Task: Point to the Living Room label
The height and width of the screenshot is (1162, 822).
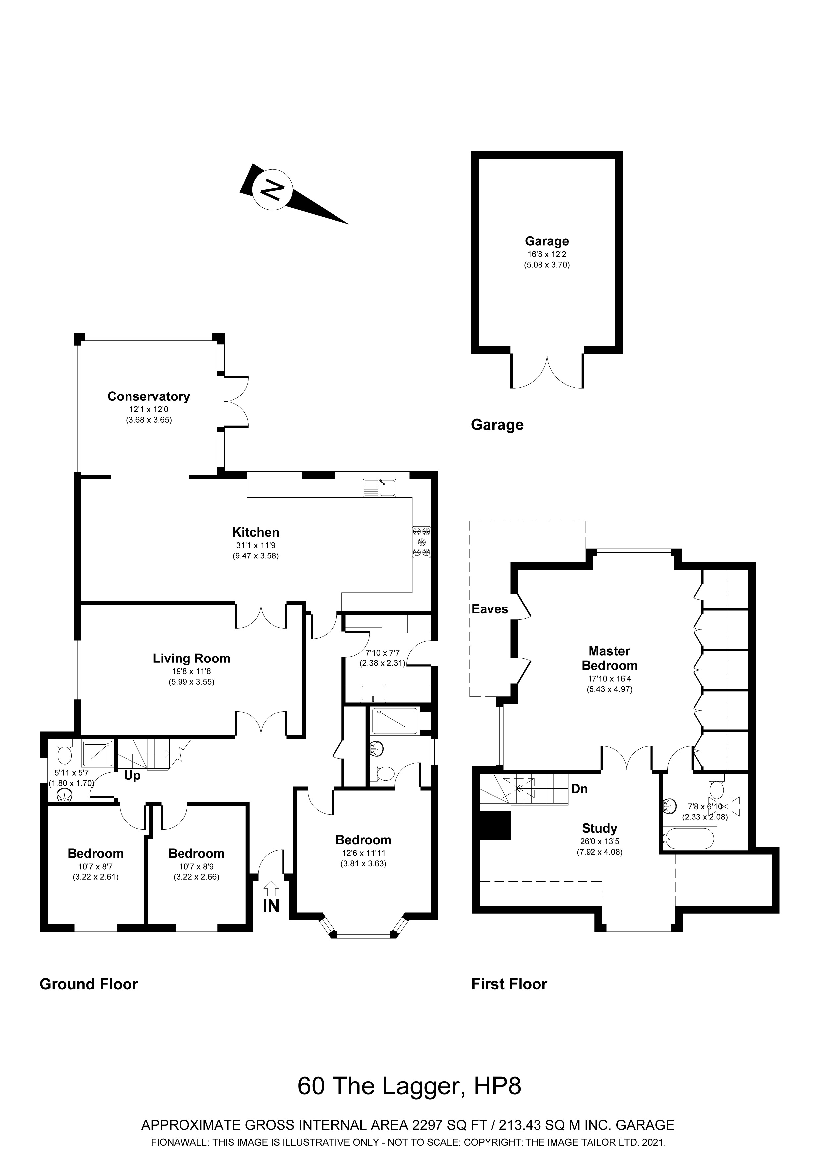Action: click(x=191, y=659)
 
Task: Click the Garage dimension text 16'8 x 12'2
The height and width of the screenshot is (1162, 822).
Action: click(x=547, y=255)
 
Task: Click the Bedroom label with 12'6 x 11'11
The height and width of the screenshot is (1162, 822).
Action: click(x=363, y=840)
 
